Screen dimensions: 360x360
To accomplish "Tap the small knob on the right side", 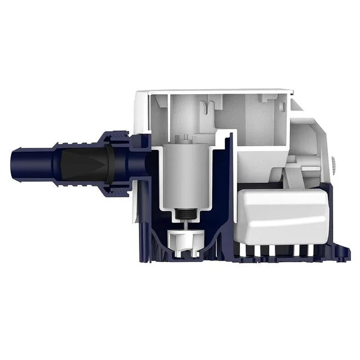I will click(x=334, y=164).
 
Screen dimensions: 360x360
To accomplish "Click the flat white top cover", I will click(x=219, y=91).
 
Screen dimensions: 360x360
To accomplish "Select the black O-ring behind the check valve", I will click(x=111, y=162).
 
